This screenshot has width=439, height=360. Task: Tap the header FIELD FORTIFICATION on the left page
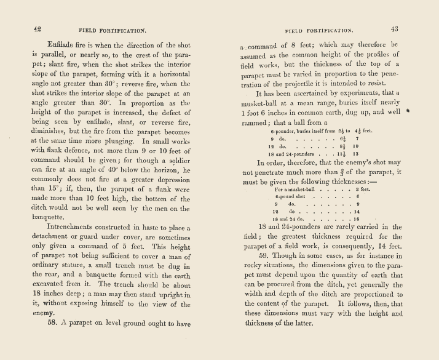point(112,29)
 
